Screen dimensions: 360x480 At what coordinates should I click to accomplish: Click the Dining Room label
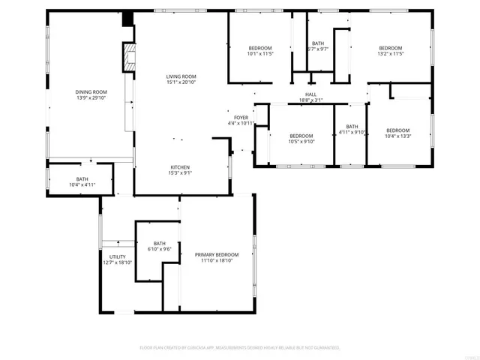click(x=89, y=92)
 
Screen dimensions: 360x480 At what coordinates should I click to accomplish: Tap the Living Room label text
click(x=181, y=76)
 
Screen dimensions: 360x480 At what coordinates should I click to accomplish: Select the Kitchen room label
click(x=180, y=167)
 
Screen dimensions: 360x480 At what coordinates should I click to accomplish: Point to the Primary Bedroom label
click(x=217, y=255)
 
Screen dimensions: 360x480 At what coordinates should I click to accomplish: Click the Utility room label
click(x=117, y=256)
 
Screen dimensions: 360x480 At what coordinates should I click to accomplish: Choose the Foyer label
click(x=241, y=118)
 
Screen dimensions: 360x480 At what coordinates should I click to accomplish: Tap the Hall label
click(x=310, y=94)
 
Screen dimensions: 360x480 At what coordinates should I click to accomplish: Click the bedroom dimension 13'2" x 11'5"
click(x=390, y=54)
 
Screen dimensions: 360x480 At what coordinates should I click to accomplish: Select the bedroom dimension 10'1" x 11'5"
click(x=260, y=54)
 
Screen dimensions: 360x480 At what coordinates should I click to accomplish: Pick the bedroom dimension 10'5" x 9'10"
click(x=301, y=141)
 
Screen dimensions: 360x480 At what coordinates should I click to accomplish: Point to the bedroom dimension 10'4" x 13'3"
click(x=397, y=136)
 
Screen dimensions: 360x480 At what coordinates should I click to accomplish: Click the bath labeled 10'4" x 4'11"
click(x=82, y=184)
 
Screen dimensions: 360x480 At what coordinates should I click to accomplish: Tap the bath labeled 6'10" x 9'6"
click(x=160, y=249)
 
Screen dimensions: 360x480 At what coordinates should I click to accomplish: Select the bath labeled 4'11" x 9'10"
click(x=352, y=133)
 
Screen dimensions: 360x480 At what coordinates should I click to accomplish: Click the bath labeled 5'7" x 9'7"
click(x=318, y=49)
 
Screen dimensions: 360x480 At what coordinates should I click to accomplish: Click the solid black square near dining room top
click(x=128, y=18)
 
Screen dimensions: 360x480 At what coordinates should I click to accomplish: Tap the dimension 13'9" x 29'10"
click(x=89, y=98)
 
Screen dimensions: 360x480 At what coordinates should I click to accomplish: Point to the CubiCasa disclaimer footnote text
click(x=240, y=348)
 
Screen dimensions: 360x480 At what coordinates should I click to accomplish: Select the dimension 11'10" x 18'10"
click(x=217, y=261)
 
